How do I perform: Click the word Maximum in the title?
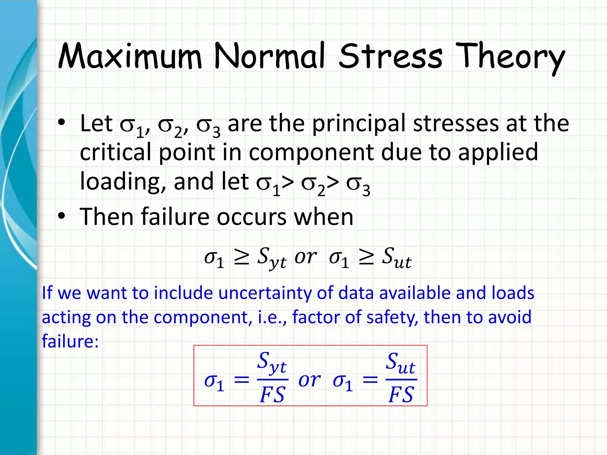[130, 56]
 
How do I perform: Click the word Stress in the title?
[390, 56]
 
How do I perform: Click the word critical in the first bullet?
[115, 152]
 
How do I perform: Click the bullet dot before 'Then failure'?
[61, 217]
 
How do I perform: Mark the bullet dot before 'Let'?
[61, 123]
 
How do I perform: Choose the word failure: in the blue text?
[70, 341]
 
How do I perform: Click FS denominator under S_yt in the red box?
[272, 395]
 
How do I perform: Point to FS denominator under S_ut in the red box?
[401, 395]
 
